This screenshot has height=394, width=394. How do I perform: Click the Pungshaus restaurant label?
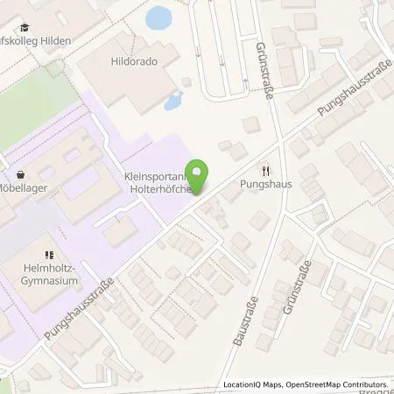(x=265, y=186)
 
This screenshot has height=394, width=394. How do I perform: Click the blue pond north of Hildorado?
(x=159, y=18)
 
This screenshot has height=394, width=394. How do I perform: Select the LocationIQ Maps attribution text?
(x=253, y=384)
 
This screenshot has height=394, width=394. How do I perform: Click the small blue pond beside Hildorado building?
(x=172, y=99)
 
